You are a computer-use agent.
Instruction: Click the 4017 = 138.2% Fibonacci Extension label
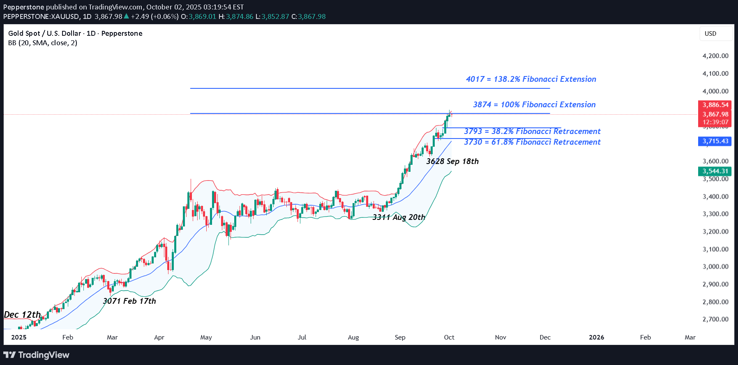click(531, 79)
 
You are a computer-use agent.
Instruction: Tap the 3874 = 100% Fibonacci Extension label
click(534, 105)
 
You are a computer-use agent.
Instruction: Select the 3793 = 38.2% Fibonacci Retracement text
click(532, 132)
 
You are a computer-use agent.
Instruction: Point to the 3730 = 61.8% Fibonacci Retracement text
click(532, 142)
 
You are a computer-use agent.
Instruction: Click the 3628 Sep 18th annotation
click(452, 162)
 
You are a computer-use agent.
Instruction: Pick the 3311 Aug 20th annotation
click(399, 217)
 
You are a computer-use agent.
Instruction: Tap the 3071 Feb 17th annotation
click(129, 301)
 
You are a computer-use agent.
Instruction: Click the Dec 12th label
click(22, 315)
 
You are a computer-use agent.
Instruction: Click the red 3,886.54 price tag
click(715, 105)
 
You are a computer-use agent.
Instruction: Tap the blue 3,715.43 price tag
click(715, 141)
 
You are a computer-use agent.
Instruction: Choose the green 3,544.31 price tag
click(715, 171)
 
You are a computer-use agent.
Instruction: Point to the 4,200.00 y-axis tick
click(715, 56)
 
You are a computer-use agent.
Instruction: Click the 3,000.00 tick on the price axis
click(715, 267)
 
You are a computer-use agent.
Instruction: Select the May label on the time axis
click(206, 337)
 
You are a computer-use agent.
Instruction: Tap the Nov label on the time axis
click(500, 337)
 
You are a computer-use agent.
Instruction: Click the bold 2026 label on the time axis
click(596, 337)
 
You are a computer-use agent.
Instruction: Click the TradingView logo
click(37, 355)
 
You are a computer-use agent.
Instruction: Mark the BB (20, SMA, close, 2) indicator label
click(43, 43)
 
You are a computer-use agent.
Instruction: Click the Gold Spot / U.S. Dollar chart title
click(75, 34)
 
